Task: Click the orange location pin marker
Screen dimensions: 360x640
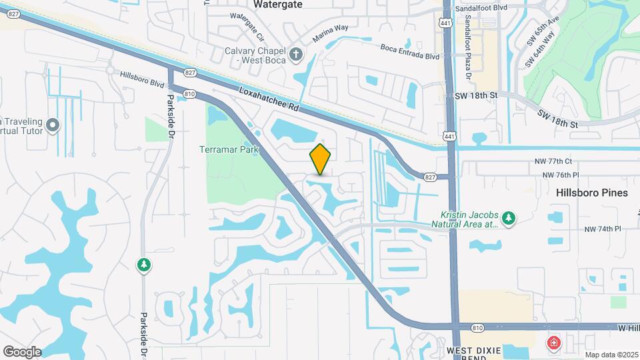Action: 321,159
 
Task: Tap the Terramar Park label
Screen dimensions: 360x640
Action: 229,149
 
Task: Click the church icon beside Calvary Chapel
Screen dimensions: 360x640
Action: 297,53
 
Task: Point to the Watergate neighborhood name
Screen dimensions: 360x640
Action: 277,4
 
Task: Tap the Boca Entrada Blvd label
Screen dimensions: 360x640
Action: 410,52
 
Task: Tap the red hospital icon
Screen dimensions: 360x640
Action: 553,343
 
